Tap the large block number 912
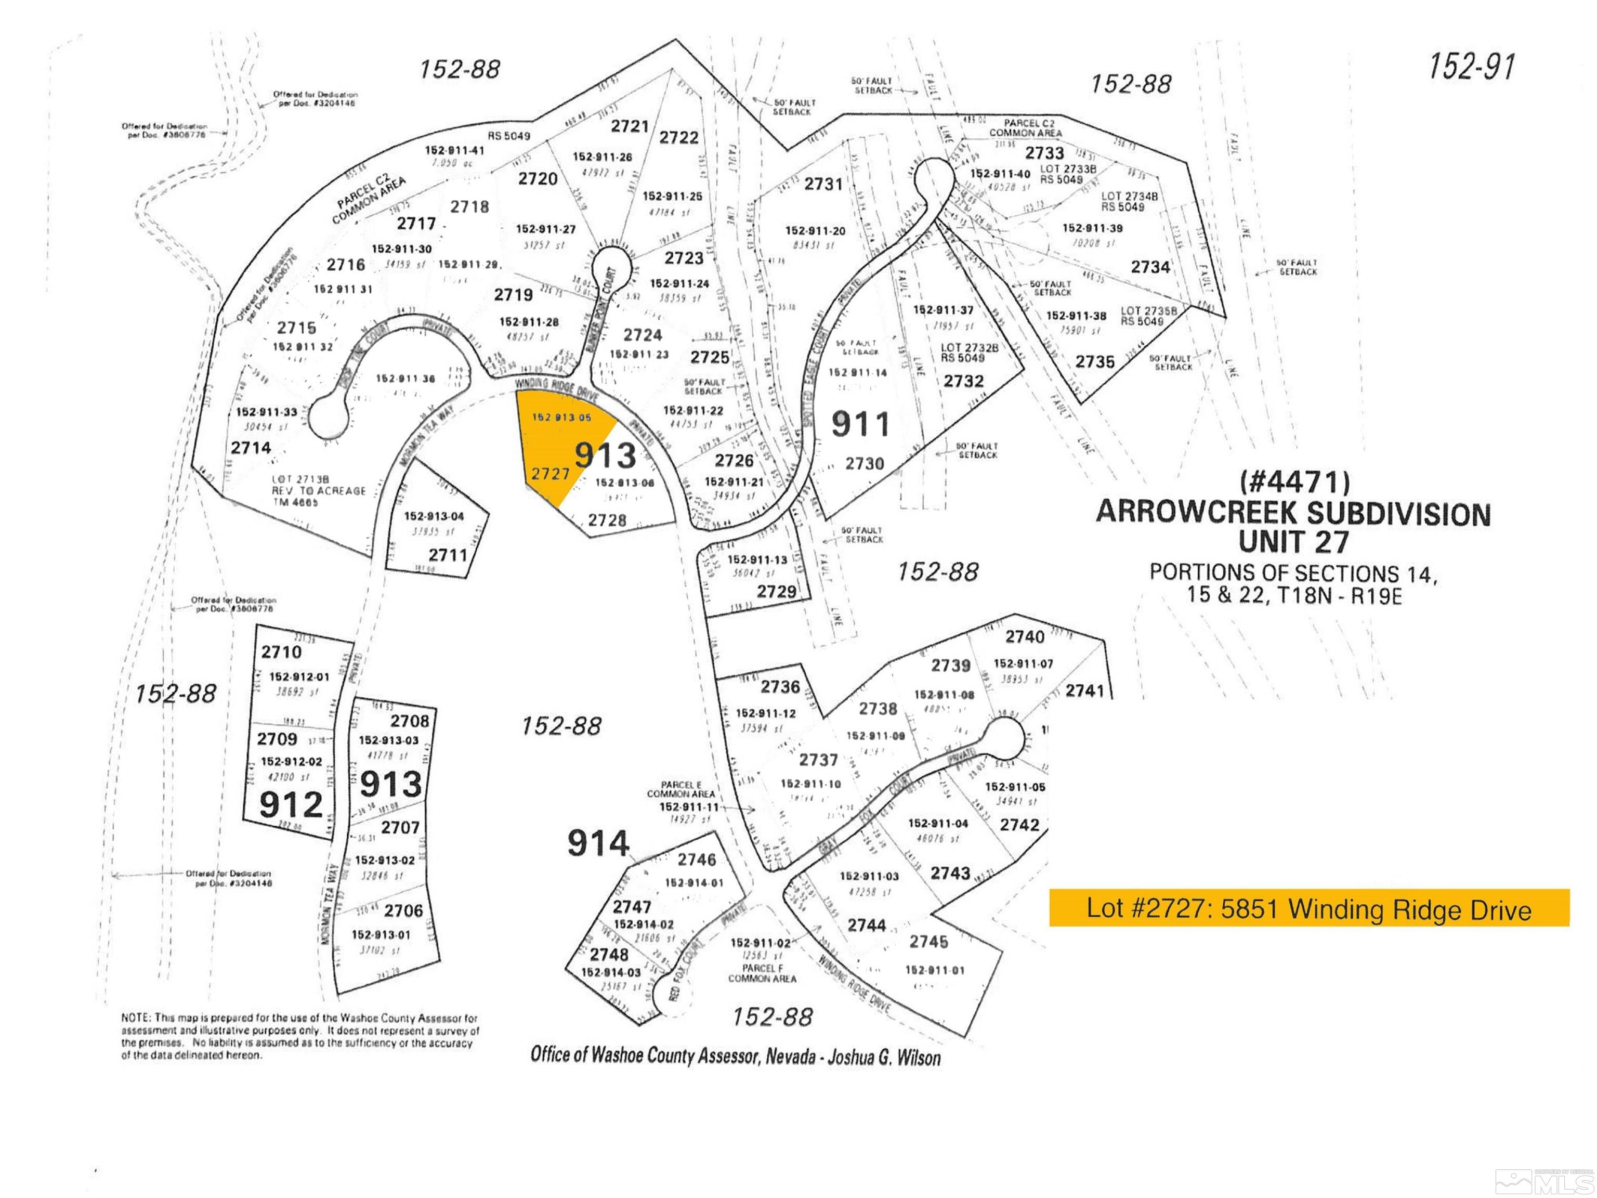[291, 804]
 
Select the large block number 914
[598, 843]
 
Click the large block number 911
[860, 424]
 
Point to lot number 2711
[448, 555]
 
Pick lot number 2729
[776, 591]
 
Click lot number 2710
[282, 652]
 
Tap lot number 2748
[609, 955]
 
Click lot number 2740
[1025, 637]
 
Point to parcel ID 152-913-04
[434, 516]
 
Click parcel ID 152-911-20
[815, 231]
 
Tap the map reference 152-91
[1471, 67]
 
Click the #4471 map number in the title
[1294, 481]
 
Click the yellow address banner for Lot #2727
[1308, 908]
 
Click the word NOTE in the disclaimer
[136, 1018]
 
